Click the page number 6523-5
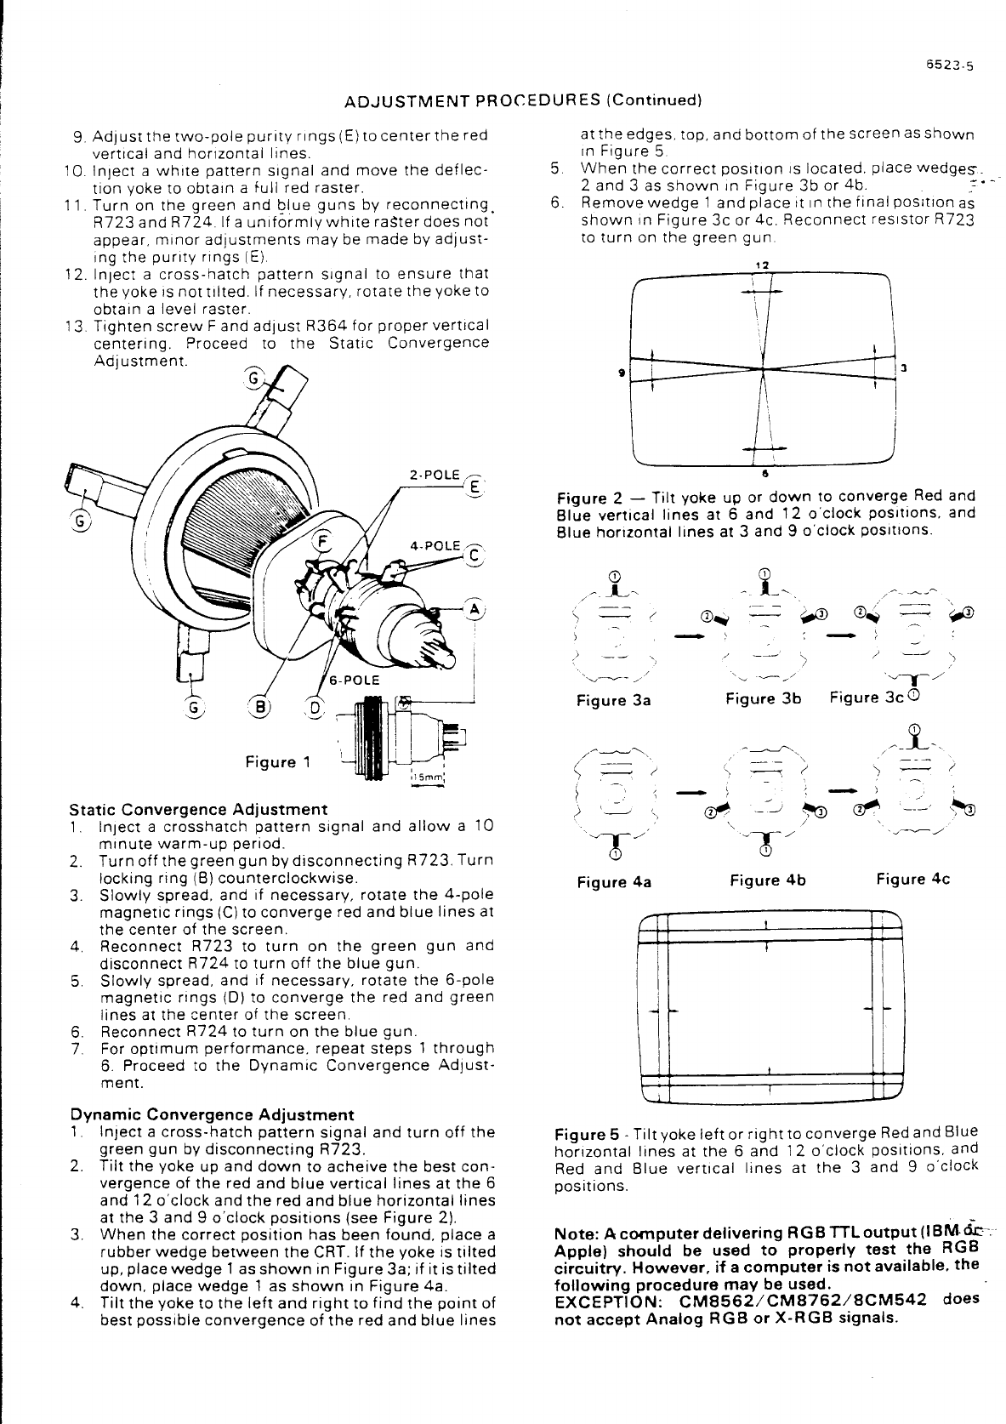(950, 63)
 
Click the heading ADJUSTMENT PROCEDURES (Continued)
(522, 100)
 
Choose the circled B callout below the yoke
(256, 707)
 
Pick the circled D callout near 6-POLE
(314, 707)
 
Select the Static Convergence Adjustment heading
(198, 809)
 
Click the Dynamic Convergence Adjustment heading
(212, 1114)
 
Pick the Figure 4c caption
(912, 879)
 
